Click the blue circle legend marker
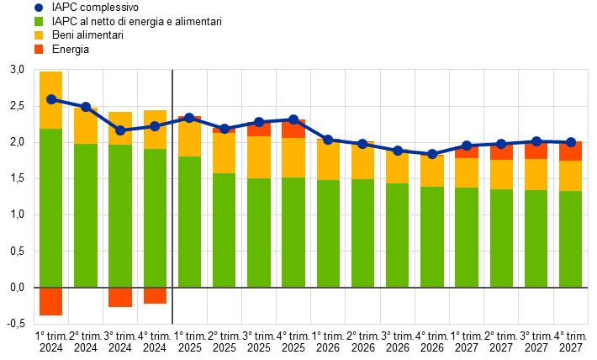coord(39,8)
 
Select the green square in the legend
coord(39,22)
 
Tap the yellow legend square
coord(39,35)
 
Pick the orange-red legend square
coord(39,50)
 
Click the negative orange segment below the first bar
coord(50,301)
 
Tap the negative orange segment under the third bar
coord(120,297)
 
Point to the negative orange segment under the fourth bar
coord(155,295)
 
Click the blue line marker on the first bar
coord(51,99)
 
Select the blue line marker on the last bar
coord(571,142)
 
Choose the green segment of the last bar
coord(571,239)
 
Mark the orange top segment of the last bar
coord(571,152)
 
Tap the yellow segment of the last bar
coord(571,176)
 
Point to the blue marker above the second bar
coord(86,107)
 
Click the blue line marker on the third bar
coord(120,130)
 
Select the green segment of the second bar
coord(86,215)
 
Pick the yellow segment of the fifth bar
coord(189,140)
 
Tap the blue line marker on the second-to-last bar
coord(536,141)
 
